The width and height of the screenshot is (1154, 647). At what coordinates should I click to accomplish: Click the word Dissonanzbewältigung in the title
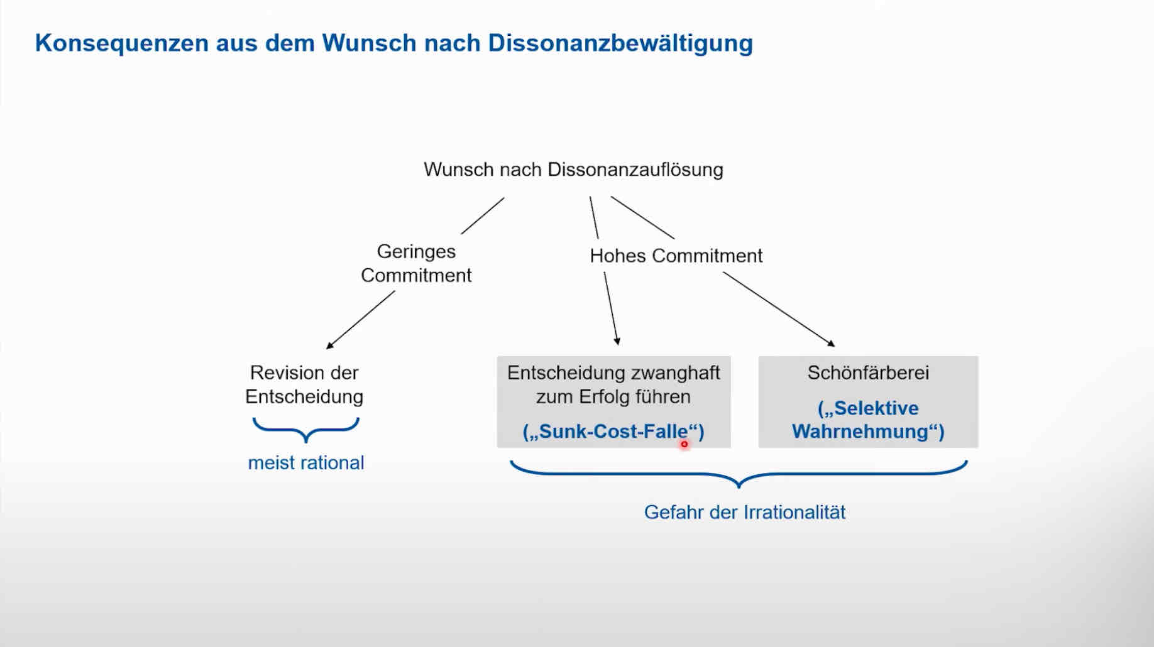click(x=620, y=43)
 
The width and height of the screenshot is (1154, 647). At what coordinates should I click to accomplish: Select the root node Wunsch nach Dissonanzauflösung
click(x=573, y=170)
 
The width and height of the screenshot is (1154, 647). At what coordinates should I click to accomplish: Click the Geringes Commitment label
click(x=416, y=263)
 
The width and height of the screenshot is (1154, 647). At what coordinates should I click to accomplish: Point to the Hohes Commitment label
click(x=676, y=256)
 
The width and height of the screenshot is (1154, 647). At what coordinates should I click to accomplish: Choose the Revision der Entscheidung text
click(x=304, y=384)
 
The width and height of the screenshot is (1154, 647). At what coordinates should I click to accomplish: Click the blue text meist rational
click(x=306, y=463)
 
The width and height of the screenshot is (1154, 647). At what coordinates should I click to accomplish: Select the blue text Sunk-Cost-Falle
click(x=613, y=432)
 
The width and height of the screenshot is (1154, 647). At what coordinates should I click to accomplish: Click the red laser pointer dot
click(x=684, y=444)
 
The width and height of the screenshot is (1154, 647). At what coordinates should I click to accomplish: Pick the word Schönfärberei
click(x=868, y=372)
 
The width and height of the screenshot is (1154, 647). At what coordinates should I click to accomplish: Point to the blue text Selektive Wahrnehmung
click(x=868, y=420)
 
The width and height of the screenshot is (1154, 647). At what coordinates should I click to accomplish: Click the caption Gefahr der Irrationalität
click(x=745, y=512)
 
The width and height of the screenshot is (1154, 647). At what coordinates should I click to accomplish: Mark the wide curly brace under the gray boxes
click(x=739, y=474)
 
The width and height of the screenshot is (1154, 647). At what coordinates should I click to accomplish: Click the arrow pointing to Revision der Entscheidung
click(x=360, y=319)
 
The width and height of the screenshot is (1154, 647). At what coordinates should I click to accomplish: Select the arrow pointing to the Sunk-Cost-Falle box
click(x=611, y=308)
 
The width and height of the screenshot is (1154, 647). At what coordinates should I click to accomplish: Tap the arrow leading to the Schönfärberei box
click(x=778, y=308)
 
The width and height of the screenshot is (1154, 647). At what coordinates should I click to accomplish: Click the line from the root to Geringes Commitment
click(x=483, y=216)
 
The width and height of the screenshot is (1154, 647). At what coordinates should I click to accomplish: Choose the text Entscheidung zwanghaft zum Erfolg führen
click(x=613, y=384)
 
